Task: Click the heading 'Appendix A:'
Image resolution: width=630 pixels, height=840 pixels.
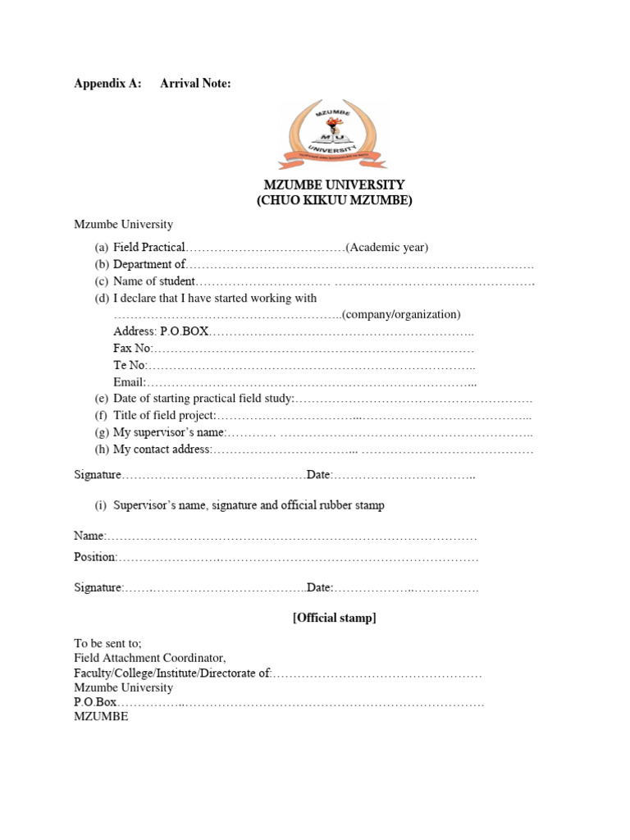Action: click(x=107, y=83)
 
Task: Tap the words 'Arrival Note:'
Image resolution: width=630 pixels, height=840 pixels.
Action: click(x=195, y=83)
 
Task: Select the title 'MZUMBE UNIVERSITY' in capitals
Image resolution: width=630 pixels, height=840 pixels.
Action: click(x=334, y=185)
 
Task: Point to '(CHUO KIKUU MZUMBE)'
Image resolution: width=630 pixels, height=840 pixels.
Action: click(x=334, y=200)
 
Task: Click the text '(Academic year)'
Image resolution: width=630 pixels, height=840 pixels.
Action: click(x=387, y=248)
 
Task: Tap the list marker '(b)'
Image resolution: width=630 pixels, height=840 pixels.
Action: click(x=102, y=264)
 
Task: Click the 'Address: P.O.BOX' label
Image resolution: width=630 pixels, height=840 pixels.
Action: click(x=162, y=331)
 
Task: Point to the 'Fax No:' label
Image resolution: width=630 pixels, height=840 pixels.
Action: click(x=132, y=348)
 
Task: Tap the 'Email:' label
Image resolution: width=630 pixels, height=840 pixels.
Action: click(x=130, y=381)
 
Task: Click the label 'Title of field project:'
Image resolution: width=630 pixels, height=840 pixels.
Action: click(x=164, y=416)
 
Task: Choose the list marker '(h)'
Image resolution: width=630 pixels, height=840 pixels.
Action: click(x=102, y=450)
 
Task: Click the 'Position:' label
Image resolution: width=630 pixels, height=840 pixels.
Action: click(x=96, y=557)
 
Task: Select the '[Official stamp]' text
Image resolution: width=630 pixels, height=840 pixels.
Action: click(x=334, y=618)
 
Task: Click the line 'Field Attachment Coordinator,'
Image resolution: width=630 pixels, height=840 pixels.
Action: click(x=149, y=658)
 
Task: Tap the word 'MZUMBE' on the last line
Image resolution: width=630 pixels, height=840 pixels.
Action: click(x=101, y=717)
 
